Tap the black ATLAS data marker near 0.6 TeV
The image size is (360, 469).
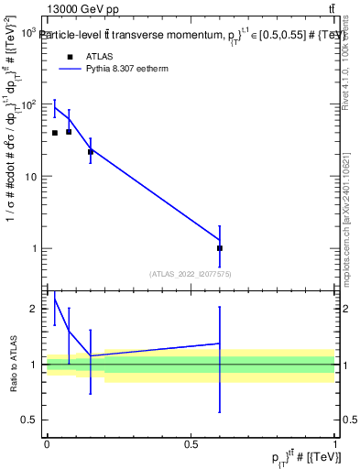(x=220, y=248)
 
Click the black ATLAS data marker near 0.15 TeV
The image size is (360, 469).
(x=90, y=152)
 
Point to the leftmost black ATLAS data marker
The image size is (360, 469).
(x=54, y=133)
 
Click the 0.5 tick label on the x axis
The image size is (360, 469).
(x=191, y=444)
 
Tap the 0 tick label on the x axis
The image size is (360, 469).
(x=47, y=444)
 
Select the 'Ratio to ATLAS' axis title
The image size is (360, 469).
(x=14, y=364)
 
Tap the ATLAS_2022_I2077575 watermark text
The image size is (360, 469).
(x=191, y=273)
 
